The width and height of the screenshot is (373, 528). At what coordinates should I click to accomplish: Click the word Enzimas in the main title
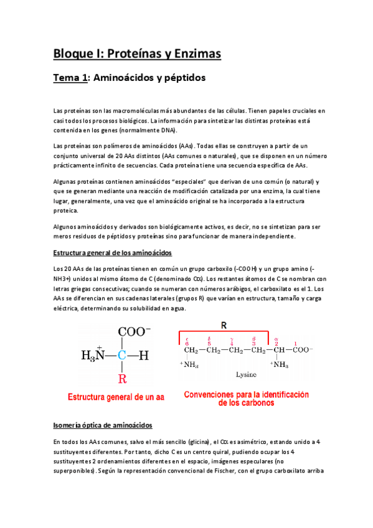pyautogui.click(x=193, y=54)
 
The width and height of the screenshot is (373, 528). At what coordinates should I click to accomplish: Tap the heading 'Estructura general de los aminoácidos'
pyautogui.click(x=109, y=253)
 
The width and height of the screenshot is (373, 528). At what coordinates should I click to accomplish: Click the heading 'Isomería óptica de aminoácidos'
pyautogui.click(x=102, y=425)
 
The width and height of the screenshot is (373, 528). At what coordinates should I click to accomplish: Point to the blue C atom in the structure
pyautogui.click(x=122, y=356)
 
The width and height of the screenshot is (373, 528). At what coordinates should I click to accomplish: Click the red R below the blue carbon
pyautogui.click(x=122, y=377)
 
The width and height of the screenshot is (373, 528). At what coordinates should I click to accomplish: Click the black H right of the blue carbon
pyautogui.click(x=144, y=356)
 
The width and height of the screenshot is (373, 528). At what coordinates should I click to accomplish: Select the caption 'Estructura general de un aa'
pyautogui.click(x=115, y=397)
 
